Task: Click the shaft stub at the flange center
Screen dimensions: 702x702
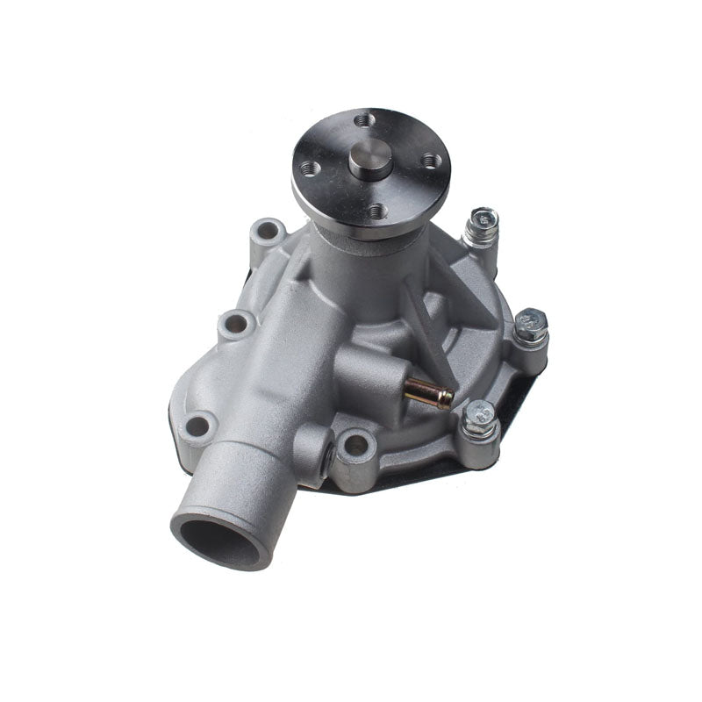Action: pyautogui.click(x=369, y=161)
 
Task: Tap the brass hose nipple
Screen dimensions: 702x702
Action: pyautogui.click(x=430, y=396)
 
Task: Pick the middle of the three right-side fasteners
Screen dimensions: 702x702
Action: pyautogui.click(x=530, y=326)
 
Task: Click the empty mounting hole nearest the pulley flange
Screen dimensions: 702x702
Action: pyautogui.click(x=266, y=232)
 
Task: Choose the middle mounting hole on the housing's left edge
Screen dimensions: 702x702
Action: pyautogui.click(x=235, y=324)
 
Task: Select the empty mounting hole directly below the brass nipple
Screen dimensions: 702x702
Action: pyautogui.click(x=356, y=445)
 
